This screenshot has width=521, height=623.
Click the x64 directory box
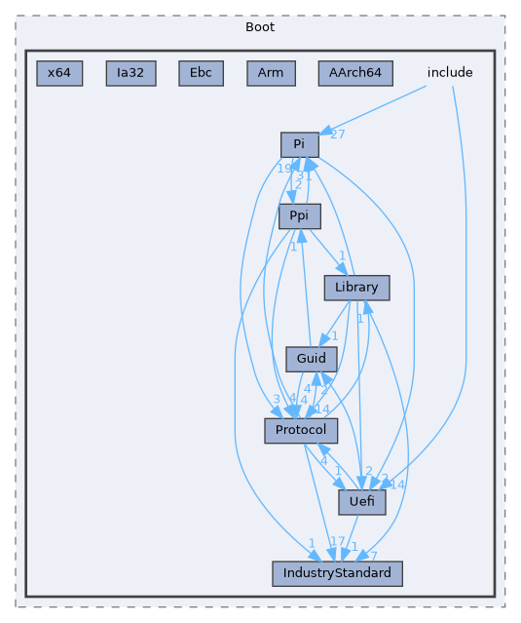point(59,73)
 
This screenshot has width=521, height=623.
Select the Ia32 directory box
point(130,73)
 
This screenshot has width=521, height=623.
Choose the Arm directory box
point(270,73)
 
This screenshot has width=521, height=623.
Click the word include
point(450,73)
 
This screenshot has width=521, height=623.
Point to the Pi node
point(300,145)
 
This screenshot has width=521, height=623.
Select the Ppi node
point(300,215)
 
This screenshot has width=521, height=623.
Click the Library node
point(356,288)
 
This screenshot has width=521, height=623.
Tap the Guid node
point(311,359)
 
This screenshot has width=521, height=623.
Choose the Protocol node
point(301,430)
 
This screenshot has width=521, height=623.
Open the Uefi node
point(362,502)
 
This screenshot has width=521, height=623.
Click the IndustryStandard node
point(337,573)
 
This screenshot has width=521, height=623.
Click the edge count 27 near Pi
point(338,135)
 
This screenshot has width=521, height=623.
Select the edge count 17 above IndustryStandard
point(338,542)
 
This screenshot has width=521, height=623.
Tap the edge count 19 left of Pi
point(283,170)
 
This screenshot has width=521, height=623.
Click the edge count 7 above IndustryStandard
point(372,556)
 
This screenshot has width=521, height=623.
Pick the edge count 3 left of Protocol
point(277,400)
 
